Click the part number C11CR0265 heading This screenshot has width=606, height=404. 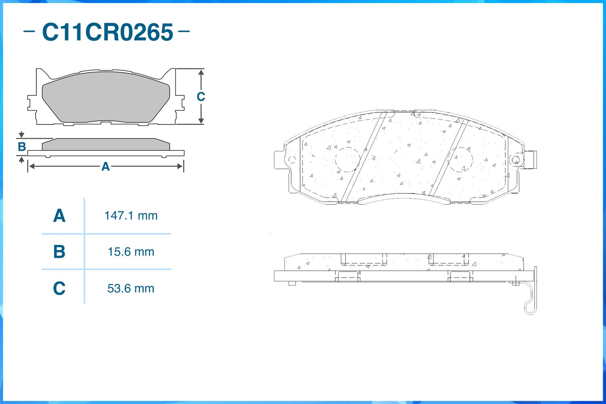[x=107, y=32]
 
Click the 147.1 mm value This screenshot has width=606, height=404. [x=130, y=216]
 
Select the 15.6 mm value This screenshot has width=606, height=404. [x=130, y=252]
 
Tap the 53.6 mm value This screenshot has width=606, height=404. [x=130, y=288]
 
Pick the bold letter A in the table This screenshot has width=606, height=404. [x=59, y=216]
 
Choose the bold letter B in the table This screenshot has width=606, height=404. [x=59, y=252]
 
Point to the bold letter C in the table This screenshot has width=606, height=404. [x=59, y=288]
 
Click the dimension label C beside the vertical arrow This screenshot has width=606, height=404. [x=200, y=97]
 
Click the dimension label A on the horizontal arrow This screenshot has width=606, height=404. [x=105, y=166]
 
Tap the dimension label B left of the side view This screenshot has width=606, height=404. [x=22, y=147]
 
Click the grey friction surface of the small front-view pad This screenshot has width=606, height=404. [x=106, y=97]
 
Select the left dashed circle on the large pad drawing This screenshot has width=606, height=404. [x=347, y=160]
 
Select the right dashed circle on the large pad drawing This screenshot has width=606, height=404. [x=461, y=160]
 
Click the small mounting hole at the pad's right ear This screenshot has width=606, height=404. [x=515, y=160]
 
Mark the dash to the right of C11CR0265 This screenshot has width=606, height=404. [x=184, y=31]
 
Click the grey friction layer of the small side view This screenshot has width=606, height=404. [x=106, y=145]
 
